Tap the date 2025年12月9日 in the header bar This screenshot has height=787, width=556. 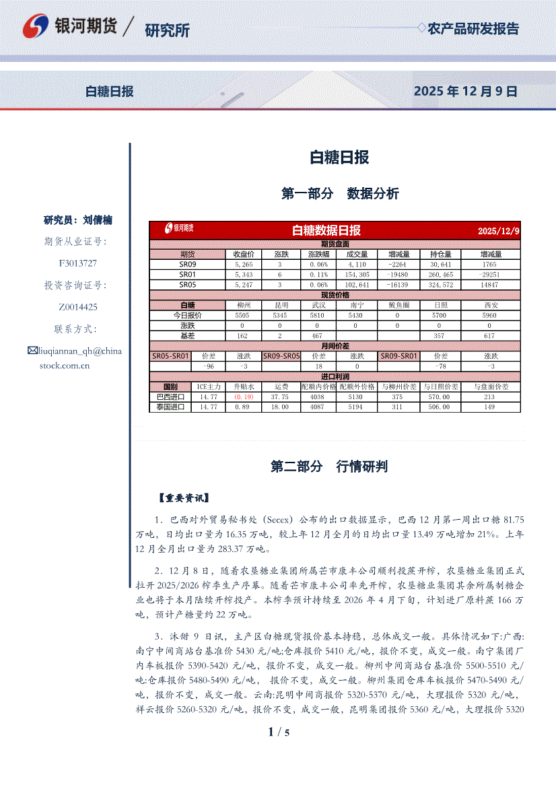[465, 92]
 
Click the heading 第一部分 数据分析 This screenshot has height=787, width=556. [339, 194]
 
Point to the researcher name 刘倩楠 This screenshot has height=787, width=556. [98, 220]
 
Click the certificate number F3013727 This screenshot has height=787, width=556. [78, 263]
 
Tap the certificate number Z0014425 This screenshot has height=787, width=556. [78, 306]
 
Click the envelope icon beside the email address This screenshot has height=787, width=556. [32, 351]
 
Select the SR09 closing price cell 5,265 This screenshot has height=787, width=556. [243, 265]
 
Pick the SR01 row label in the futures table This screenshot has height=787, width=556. [187, 275]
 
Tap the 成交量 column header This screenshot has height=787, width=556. [357, 254]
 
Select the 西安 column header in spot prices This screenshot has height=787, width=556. [489, 305]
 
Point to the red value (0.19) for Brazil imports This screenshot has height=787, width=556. [243, 397]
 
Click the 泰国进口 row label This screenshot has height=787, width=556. [170, 407]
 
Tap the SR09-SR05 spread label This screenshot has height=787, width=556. [281, 355]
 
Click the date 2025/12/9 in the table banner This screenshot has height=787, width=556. [498, 231]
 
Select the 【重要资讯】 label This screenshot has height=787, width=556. [184, 498]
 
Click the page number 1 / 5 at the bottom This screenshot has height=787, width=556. [278, 732]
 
